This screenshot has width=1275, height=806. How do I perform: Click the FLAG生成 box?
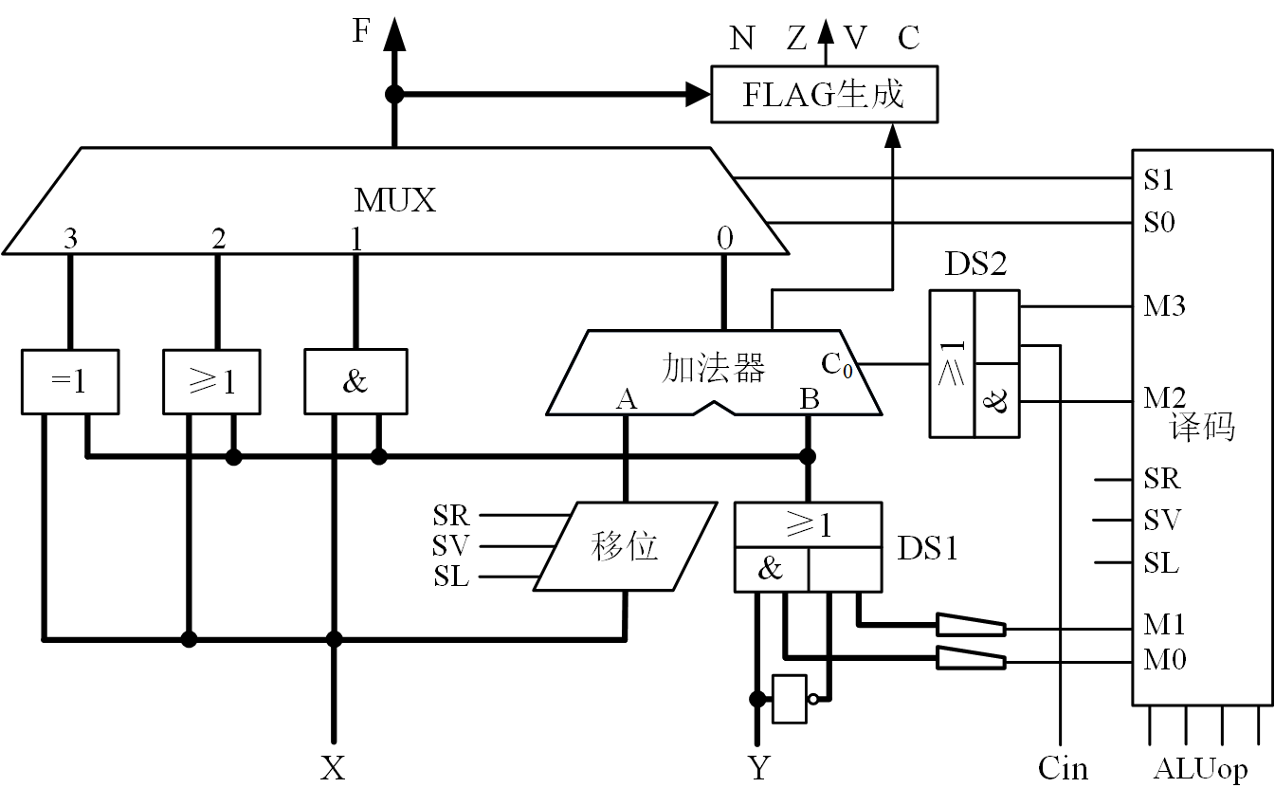coord(824,94)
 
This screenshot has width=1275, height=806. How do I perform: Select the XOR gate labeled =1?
coord(69,381)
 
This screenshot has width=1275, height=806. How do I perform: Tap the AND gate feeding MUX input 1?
coord(355,381)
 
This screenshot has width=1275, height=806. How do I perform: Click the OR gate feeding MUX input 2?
coord(211,381)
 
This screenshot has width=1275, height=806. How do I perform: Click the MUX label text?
coord(394,200)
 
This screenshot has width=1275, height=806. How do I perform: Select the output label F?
coord(361,31)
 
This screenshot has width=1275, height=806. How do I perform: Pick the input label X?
coord(333,768)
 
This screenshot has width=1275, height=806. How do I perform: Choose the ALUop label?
coord(1200,769)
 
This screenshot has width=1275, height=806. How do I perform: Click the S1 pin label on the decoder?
coord(1158,180)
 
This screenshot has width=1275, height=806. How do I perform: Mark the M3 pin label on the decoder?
coord(1164,306)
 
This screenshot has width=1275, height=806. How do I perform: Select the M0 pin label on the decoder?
coord(1164,658)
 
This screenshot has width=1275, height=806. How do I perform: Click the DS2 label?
coord(974,266)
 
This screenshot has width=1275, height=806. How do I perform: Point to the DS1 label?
coord(927,547)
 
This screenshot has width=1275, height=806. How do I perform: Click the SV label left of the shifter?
coord(451,546)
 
